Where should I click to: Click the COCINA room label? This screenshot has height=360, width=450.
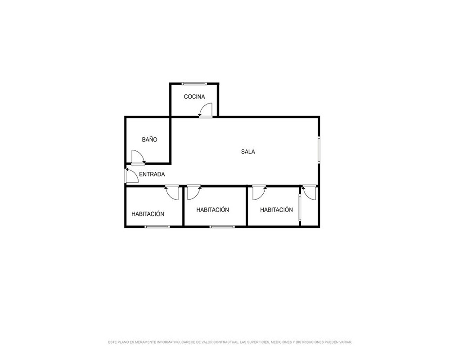tap(194, 97)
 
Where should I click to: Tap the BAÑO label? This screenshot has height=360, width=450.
tap(149, 139)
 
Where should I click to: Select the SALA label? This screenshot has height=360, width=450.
tap(248, 152)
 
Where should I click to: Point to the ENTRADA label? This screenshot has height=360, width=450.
tap(152, 174)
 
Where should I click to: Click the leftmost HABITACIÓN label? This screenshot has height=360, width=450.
tap(148, 214)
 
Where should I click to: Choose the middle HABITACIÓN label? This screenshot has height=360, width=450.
tap(213, 210)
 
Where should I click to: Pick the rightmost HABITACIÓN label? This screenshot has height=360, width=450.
tap(276, 210)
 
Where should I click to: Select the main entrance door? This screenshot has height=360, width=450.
tap(131, 175)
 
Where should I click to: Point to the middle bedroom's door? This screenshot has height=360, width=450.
tap(194, 192)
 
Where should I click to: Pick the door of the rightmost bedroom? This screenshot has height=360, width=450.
tap(260, 192)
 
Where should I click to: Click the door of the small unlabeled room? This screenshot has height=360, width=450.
tap(309, 192)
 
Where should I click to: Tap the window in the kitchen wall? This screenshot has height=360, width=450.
tap(194, 84)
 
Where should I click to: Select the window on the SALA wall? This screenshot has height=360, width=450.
tap(319, 150)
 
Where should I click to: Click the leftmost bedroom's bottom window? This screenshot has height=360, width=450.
tap(157, 227)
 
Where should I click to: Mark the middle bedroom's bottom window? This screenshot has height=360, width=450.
tap(222, 227)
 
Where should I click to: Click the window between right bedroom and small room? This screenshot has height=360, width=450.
tap(300, 208)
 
